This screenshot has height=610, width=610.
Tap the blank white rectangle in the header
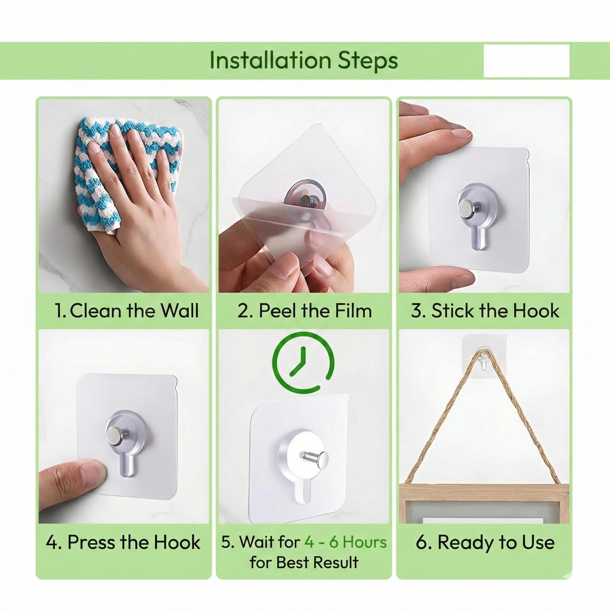pos(526,61)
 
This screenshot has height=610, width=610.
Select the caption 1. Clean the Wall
pos(126,310)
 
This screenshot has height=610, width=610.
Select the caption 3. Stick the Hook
pos(485,310)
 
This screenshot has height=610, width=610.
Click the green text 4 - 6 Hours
pos(346,542)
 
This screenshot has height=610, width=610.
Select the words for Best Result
pos(304,562)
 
